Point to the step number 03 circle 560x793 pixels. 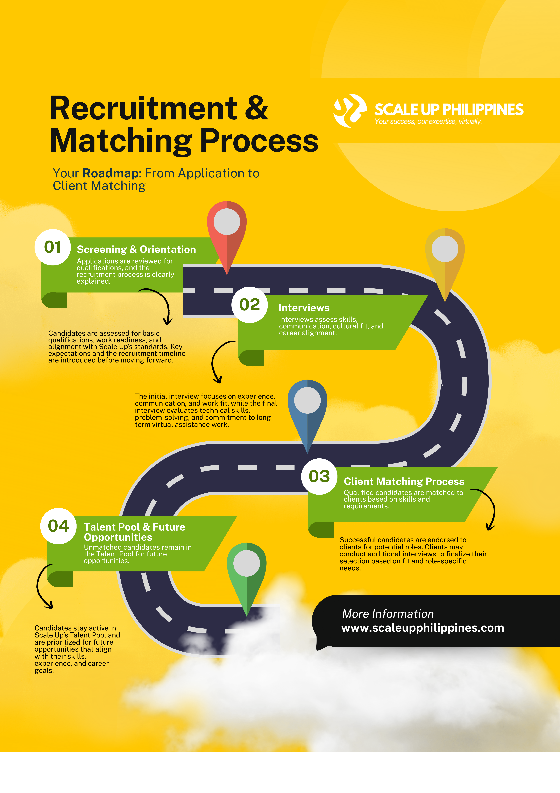point(319,477)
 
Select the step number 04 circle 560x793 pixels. point(58,526)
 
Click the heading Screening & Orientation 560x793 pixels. point(136,249)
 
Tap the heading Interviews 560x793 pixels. point(304,308)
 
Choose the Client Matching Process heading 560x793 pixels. point(404,481)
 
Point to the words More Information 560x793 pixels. point(388,614)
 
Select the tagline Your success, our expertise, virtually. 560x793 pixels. point(428,122)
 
